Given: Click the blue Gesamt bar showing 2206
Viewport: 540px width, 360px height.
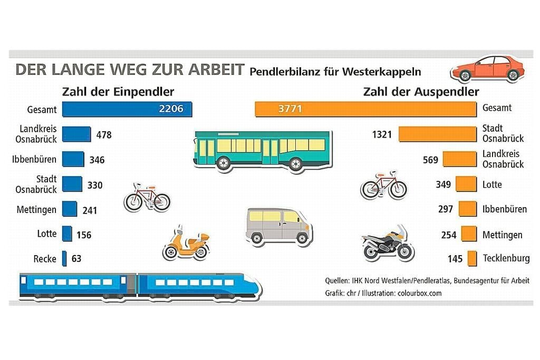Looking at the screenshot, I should click(x=127, y=109).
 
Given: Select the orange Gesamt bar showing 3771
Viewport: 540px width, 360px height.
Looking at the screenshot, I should click(x=365, y=109).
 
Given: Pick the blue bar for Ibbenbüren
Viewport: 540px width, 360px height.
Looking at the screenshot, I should click(x=73, y=159).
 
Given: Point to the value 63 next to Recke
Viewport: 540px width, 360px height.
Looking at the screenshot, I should click(x=76, y=259).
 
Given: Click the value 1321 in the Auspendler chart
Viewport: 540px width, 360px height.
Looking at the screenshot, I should click(x=382, y=134).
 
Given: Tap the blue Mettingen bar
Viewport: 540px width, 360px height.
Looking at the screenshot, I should click(x=70, y=209).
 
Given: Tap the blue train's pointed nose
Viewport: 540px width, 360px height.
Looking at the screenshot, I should click(x=253, y=286).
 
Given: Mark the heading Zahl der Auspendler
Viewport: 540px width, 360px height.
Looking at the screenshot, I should click(x=421, y=92).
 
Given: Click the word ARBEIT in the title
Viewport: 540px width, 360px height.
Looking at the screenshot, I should click(x=213, y=70).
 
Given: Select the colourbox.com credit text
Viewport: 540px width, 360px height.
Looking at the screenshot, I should click(x=420, y=293).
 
